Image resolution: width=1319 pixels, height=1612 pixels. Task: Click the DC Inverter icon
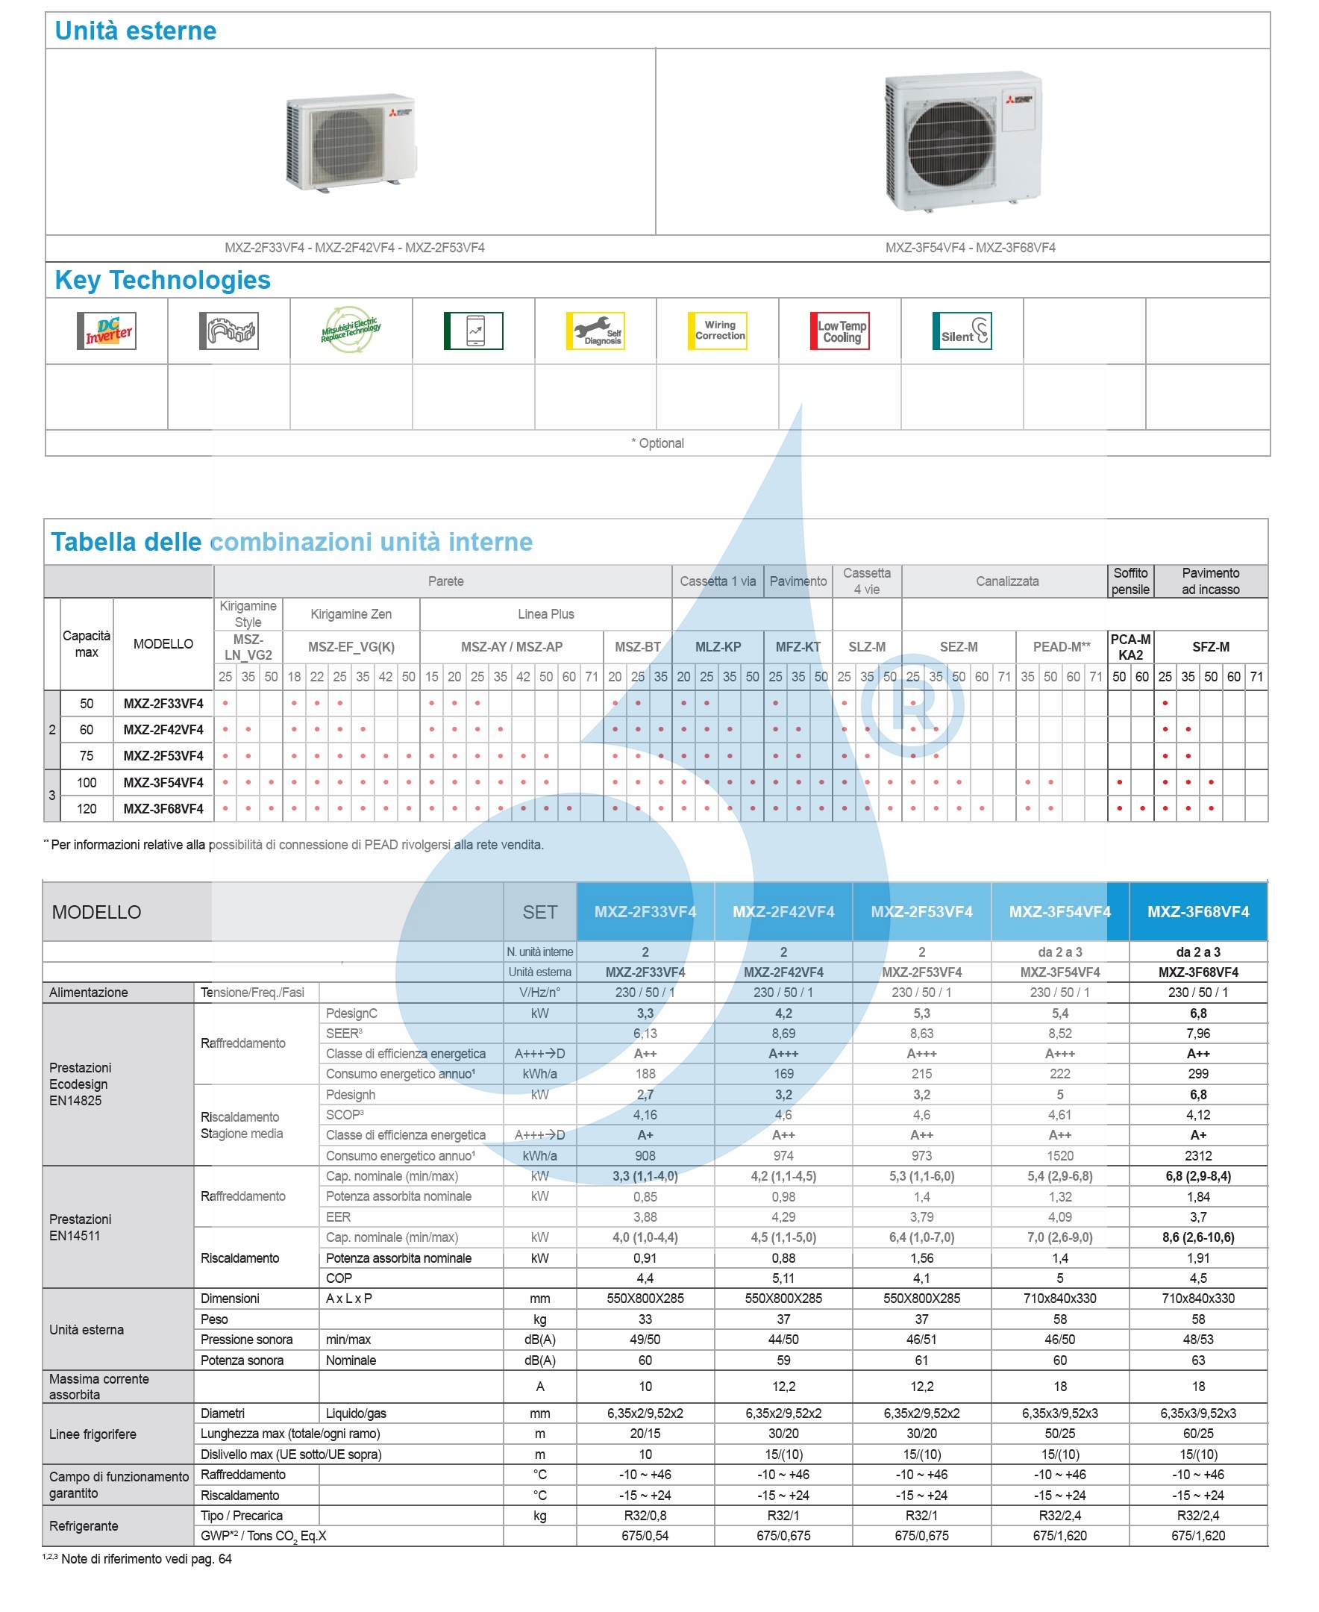click(x=107, y=331)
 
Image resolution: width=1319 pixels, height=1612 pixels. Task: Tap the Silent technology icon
click(x=961, y=331)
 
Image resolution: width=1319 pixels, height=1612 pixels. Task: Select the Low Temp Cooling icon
click(x=839, y=331)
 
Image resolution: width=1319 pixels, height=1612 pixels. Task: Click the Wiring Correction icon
click(x=717, y=331)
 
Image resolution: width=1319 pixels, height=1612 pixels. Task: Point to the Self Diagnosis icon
click(x=595, y=331)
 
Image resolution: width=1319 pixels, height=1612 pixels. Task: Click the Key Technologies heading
click(x=163, y=280)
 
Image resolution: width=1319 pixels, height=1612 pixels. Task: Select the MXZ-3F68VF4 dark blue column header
click(x=1197, y=911)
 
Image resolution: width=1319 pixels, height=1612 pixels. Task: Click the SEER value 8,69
click(x=783, y=1034)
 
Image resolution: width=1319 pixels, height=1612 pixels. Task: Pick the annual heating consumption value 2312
click(x=1197, y=1156)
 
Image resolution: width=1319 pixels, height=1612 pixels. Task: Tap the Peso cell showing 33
click(x=645, y=1319)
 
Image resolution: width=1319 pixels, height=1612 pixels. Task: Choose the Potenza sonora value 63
click(x=1197, y=1360)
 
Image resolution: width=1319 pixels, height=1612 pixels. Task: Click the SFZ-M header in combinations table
click(x=1209, y=647)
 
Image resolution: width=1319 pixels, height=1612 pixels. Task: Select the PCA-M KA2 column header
click(x=1130, y=647)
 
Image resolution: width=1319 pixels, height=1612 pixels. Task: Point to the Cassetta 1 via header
click(x=717, y=581)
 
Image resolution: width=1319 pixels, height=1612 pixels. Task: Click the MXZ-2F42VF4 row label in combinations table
click(x=163, y=730)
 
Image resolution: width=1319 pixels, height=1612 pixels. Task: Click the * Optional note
click(x=657, y=443)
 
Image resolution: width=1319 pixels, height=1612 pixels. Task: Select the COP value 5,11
click(x=783, y=1278)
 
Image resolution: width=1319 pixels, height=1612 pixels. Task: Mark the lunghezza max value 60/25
click(x=1197, y=1434)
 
